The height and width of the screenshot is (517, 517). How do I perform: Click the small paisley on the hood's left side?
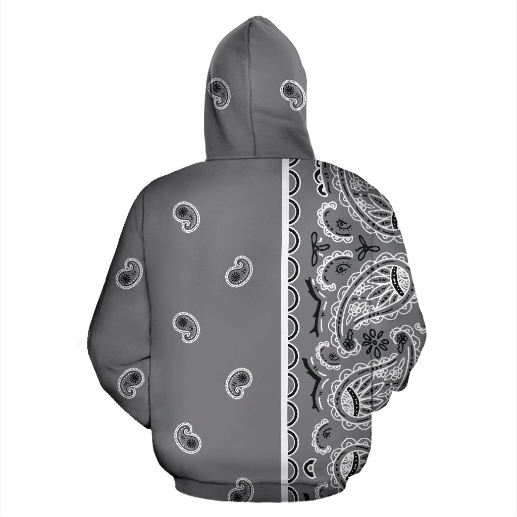click(221, 93)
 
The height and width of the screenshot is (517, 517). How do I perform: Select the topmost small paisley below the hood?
click(186, 217)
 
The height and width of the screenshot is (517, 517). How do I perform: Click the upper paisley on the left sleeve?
click(129, 273)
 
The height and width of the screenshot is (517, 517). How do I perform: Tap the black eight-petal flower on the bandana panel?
click(375, 342)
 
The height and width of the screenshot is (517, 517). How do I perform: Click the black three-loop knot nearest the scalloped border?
click(319, 248)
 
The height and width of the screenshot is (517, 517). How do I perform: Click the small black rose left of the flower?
click(348, 344)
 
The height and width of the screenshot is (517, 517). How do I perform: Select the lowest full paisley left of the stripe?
click(188, 437)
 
